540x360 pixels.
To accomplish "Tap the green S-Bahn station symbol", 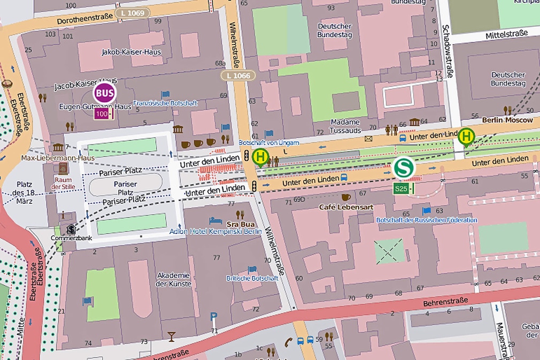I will point(404,168).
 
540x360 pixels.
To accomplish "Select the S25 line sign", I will point(403,188).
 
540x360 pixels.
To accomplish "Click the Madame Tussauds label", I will point(345,126).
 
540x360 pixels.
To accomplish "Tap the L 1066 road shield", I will point(238,75).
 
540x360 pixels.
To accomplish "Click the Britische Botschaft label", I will point(252,278).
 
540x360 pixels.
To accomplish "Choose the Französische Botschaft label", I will point(165,103).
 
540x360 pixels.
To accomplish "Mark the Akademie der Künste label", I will point(173,279).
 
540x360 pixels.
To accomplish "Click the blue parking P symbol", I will point(214,316).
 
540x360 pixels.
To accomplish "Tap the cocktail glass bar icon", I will point(171,336).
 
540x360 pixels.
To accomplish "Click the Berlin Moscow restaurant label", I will point(507,120).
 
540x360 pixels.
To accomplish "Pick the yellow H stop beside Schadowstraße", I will point(466,136).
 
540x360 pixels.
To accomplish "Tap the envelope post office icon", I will point(368,139).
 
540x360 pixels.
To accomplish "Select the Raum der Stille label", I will point(63,183).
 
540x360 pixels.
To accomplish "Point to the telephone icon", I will point(288,340).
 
